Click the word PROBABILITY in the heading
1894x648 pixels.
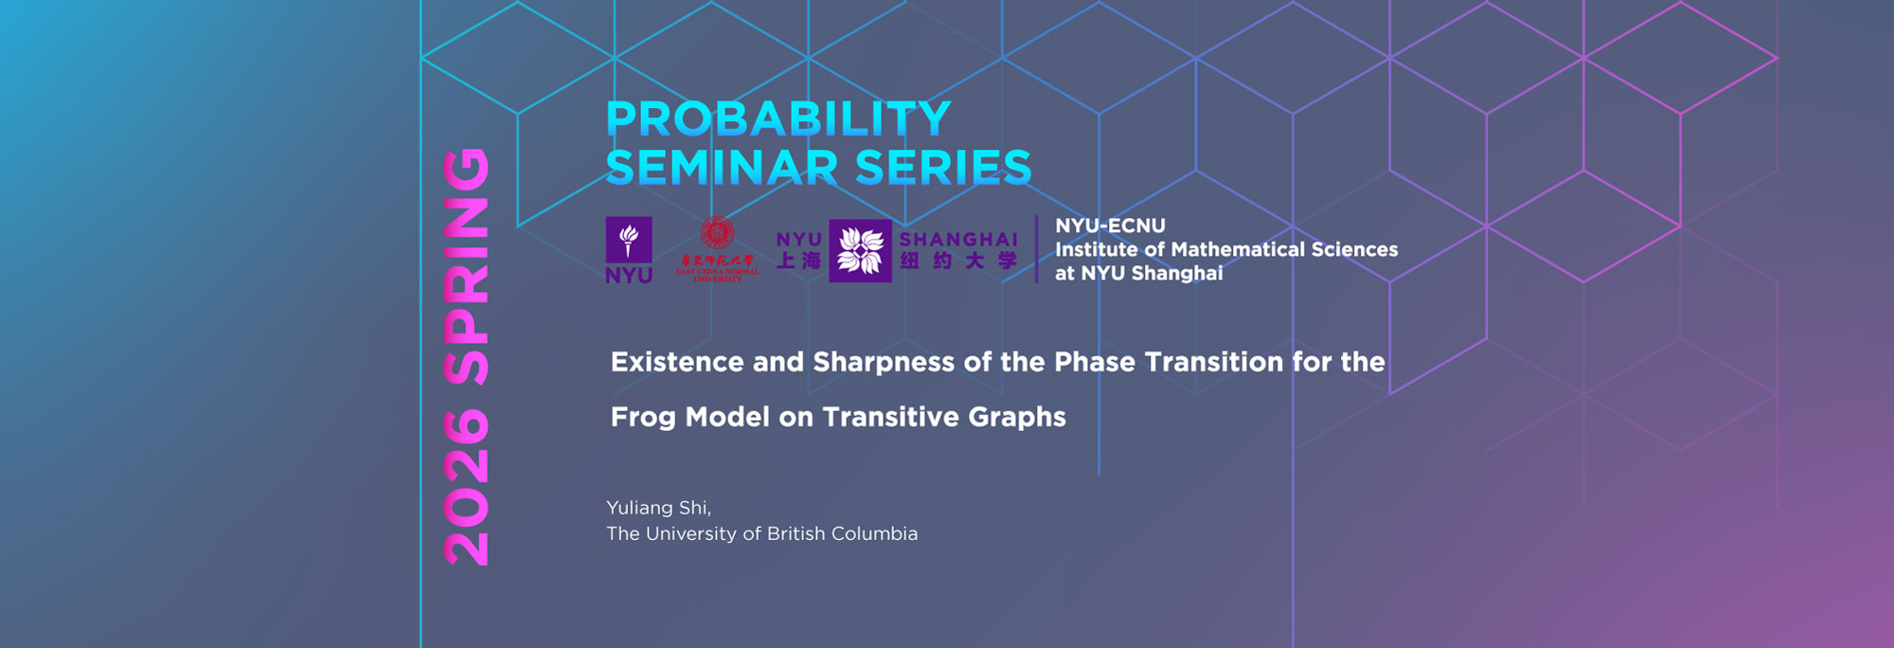pos(778,119)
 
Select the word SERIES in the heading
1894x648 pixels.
pos(943,169)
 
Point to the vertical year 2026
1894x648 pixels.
pos(467,488)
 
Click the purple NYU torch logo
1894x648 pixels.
pos(629,241)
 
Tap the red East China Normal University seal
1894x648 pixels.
pos(717,233)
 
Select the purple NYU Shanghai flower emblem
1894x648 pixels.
pos(860,251)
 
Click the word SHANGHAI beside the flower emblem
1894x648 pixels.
pos(958,240)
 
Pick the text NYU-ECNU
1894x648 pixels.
pos(1110,226)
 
